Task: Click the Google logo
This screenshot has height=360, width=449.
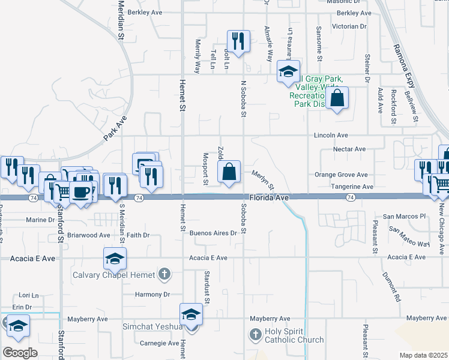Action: click(20, 353)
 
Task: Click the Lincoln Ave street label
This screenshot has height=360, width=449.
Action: click(331, 136)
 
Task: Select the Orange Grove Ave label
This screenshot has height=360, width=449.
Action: click(341, 175)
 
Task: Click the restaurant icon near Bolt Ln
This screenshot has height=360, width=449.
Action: click(238, 41)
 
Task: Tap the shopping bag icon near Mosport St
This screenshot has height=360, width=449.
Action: click(229, 172)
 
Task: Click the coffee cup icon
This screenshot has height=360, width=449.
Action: click(80, 192)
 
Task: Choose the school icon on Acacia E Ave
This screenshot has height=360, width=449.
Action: click(115, 259)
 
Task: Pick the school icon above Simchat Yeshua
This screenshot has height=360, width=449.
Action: click(191, 314)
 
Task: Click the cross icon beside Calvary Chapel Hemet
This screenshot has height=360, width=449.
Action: click(163, 275)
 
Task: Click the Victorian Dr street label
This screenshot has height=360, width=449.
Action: click(349, 26)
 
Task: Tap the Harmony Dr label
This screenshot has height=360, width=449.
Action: click(152, 295)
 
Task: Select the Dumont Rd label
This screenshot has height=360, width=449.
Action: click(390, 285)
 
